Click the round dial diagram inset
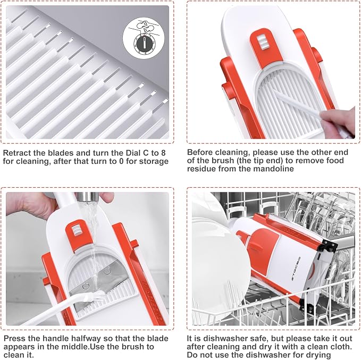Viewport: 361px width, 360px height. coord(144,37)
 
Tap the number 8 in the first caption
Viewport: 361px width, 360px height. coord(163,153)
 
